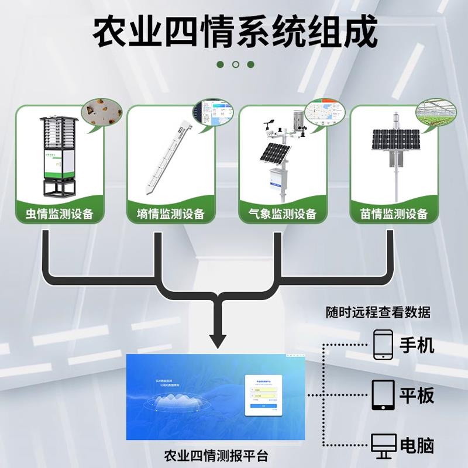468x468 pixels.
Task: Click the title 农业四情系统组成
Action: [234, 33]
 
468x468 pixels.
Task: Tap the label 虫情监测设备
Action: [60, 214]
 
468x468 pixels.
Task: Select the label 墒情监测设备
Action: [171, 214]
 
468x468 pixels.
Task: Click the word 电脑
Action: [417, 445]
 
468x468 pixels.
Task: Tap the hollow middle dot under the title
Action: [235, 64]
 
